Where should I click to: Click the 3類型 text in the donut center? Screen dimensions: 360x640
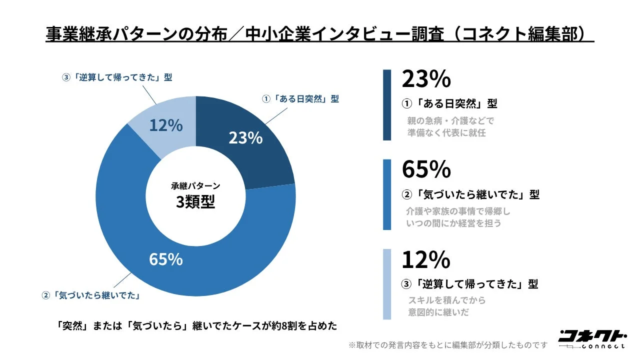pyautogui.click(x=195, y=201)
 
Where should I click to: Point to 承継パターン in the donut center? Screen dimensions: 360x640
pyautogui.click(x=195, y=185)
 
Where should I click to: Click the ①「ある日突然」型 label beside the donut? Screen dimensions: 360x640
pyautogui.click(x=301, y=99)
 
